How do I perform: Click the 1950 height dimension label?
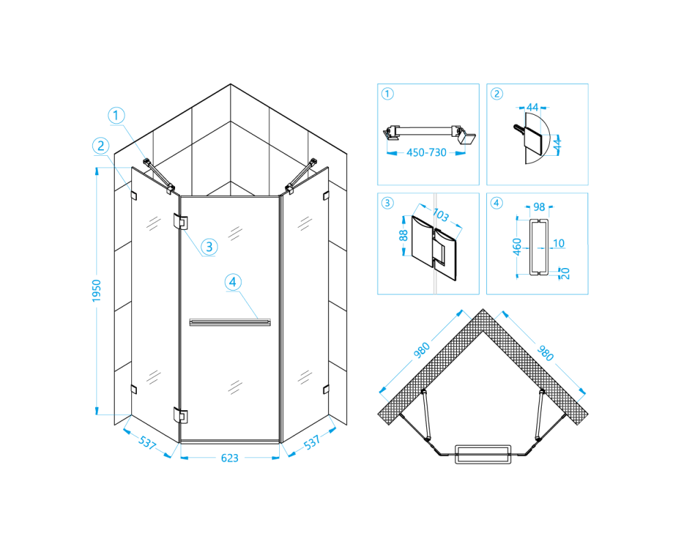pyautogui.click(x=96, y=291)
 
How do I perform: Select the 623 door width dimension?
pyautogui.click(x=229, y=458)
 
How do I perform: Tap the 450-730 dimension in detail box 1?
pyautogui.click(x=426, y=152)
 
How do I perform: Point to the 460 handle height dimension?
pyautogui.click(x=517, y=247)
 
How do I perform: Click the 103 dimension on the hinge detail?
pyautogui.click(x=440, y=215)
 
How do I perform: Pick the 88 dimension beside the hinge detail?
pyautogui.click(x=404, y=235)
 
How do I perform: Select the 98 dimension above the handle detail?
pyautogui.click(x=539, y=206)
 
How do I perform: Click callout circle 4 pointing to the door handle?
pyautogui.click(x=233, y=282)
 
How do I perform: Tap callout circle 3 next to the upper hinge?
pyautogui.click(x=209, y=247)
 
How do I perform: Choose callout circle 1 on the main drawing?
pyautogui.click(x=116, y=116)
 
